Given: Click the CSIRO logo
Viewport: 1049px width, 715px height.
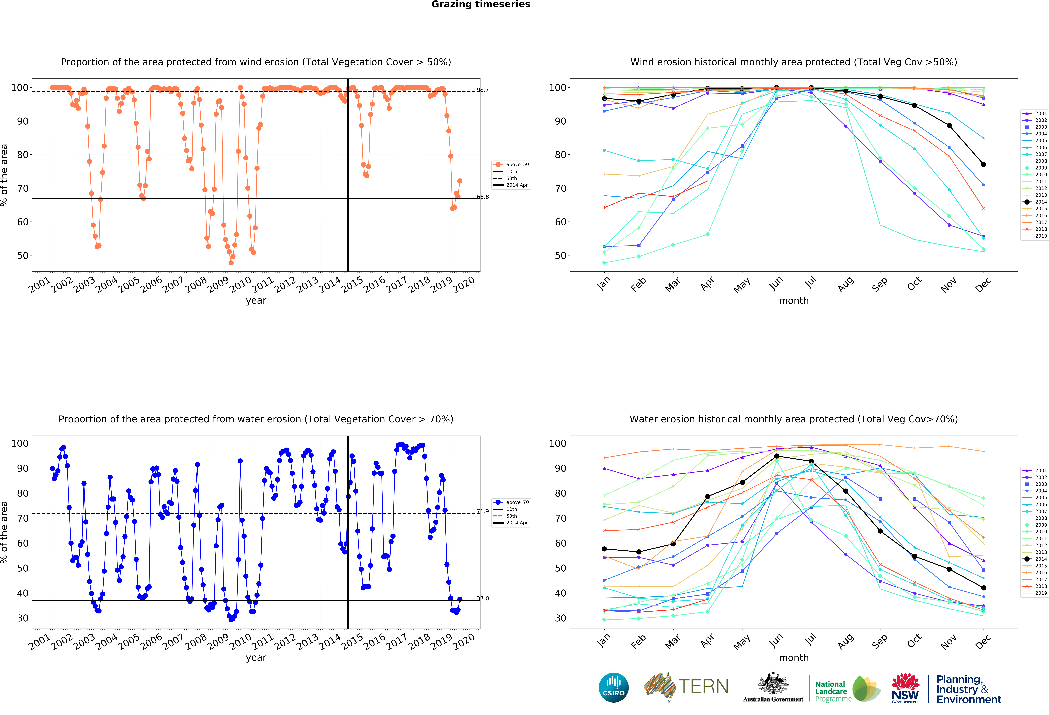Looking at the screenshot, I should (x=613, y=687).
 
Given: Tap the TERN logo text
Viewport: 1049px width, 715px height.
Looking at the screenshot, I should (x=703, y=687).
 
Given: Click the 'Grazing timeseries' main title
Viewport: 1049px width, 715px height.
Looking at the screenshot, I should (x=481, y=4).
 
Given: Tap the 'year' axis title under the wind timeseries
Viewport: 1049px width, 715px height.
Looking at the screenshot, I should (x=256, y=301).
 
